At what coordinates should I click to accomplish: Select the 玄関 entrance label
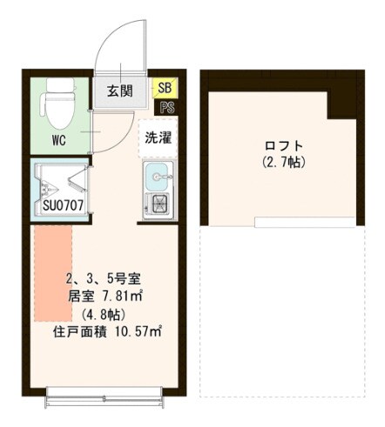pyautogui.click(x=118, y=90)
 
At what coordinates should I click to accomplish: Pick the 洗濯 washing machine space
pyautogui.click(x=158, y=137)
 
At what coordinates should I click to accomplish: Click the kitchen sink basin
pyautogui.click(x=159, y=176)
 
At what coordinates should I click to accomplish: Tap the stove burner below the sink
pyautogui.click(x=159, y=205)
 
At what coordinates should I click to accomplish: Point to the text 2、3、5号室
pyautogui.click(x=110, y=280)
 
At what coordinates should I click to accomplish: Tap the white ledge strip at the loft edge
pyautogui.click(x=307, y=223)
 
